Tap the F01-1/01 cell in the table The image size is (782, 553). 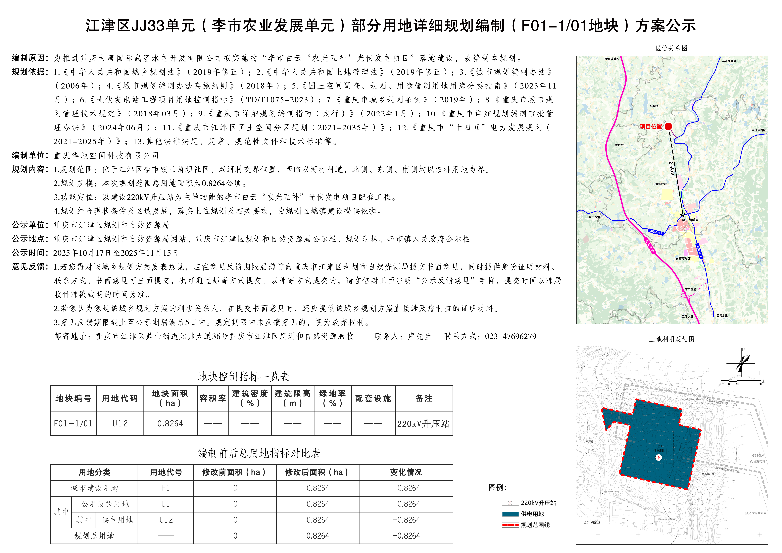pos(73,424)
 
